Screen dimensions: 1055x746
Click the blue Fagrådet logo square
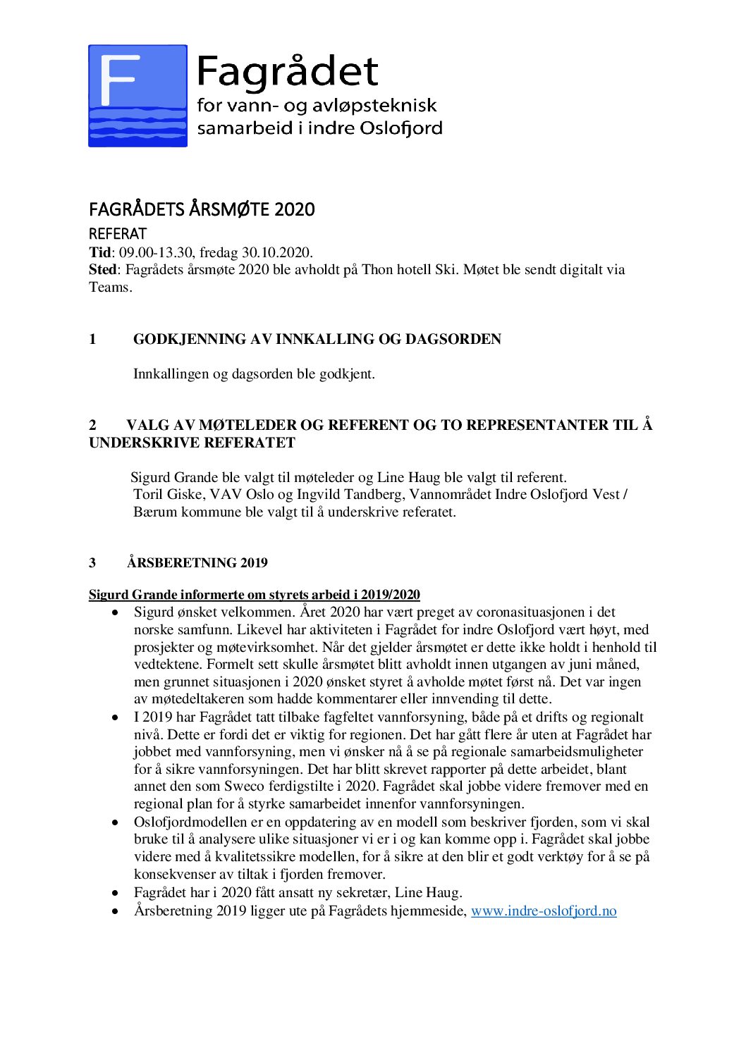pos(137,96)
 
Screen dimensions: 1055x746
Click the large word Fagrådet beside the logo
pos(287,71)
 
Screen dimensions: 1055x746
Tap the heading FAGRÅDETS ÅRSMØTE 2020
pos(202,209)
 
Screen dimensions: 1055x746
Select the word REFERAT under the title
pos(118,233)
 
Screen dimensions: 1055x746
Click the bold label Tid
pos(99,252)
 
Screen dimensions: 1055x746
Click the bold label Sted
pos(102,269)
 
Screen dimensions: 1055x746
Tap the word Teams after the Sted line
pos(109,287)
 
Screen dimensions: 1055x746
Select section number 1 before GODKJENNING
pos(92,339)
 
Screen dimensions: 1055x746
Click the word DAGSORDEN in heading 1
pos(453,339)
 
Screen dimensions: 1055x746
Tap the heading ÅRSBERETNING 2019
pos(197,562)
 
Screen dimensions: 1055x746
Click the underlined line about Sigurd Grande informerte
pos(254,594)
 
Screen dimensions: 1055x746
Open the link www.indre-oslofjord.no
pos(543,911)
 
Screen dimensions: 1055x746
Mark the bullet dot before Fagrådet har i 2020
pos(115,893)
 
